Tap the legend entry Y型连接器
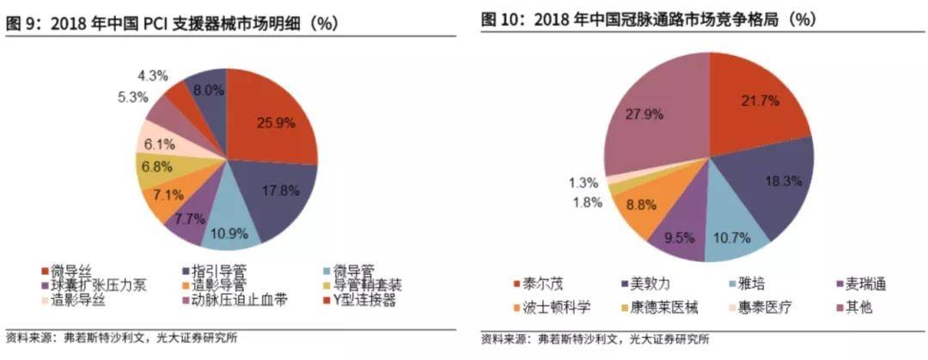[366, 299]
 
